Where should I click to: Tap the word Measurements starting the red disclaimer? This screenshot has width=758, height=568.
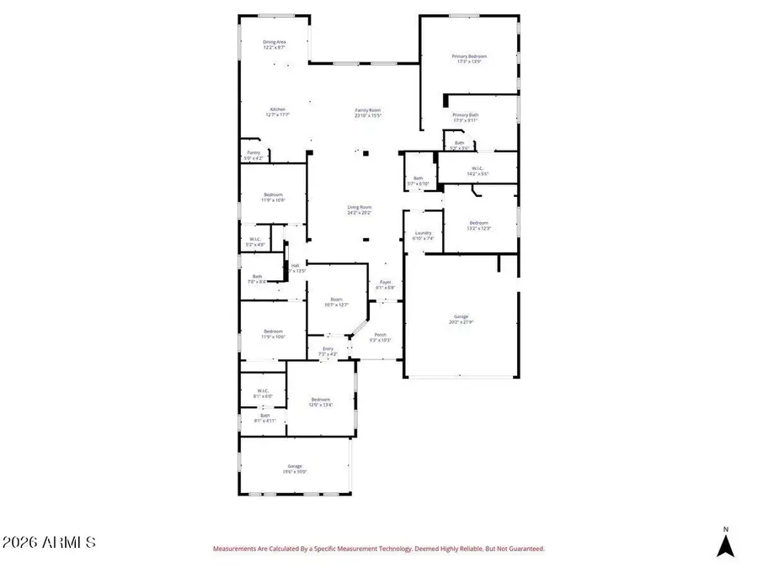[235, 549]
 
